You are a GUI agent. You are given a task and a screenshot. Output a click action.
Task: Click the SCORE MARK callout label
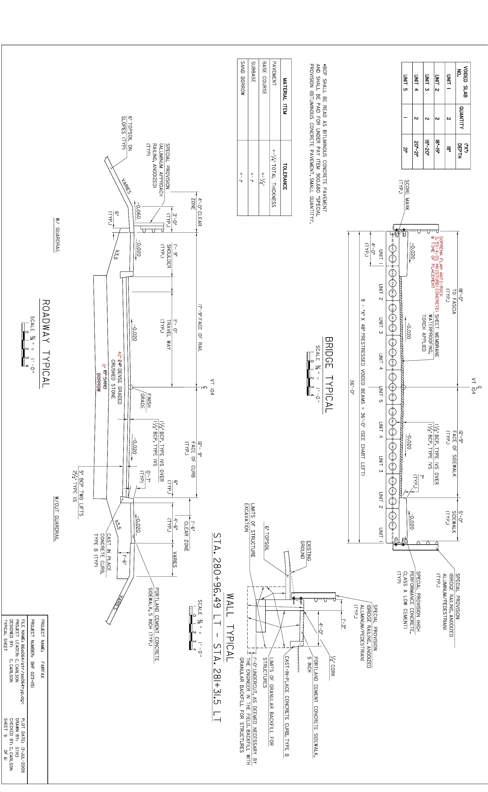[x=405, y=195]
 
